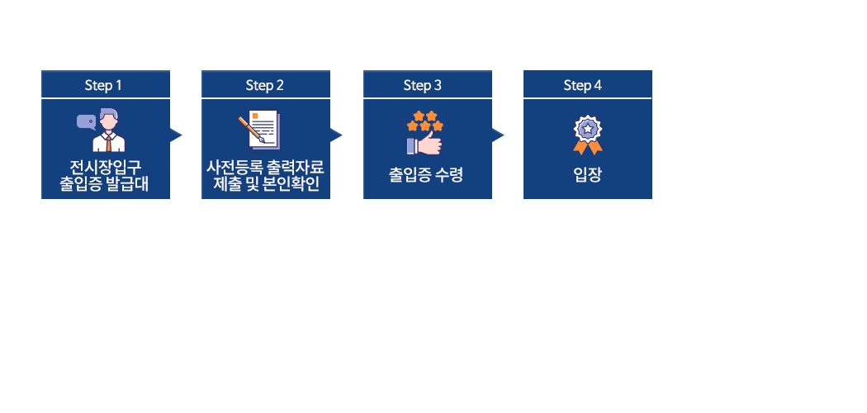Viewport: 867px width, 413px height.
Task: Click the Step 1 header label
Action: coord(103,85)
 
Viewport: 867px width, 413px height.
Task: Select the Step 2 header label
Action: coord(264,85)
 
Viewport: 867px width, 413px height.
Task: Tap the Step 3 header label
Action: coord(423,85)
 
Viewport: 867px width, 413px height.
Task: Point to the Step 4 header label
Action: coord(583,85)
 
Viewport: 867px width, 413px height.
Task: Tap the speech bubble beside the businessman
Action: coord(86,122)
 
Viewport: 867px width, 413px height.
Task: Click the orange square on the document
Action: coord(255,116)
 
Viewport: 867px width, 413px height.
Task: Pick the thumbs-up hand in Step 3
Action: coord(424,145)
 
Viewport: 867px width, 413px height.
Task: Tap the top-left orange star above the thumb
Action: coord(419,116)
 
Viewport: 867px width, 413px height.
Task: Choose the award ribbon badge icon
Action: coord(588,135)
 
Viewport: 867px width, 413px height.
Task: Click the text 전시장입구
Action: coord(106,166)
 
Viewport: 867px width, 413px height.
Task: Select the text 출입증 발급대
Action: coord(105,183)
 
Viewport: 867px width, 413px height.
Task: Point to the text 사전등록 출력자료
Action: coord(265,166)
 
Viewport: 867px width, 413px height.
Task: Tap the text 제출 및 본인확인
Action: coord(266,183)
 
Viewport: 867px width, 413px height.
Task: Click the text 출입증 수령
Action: coord(425,175)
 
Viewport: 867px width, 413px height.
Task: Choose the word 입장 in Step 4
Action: coord(587,175)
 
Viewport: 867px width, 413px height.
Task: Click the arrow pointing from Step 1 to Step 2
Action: coord(176,135)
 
